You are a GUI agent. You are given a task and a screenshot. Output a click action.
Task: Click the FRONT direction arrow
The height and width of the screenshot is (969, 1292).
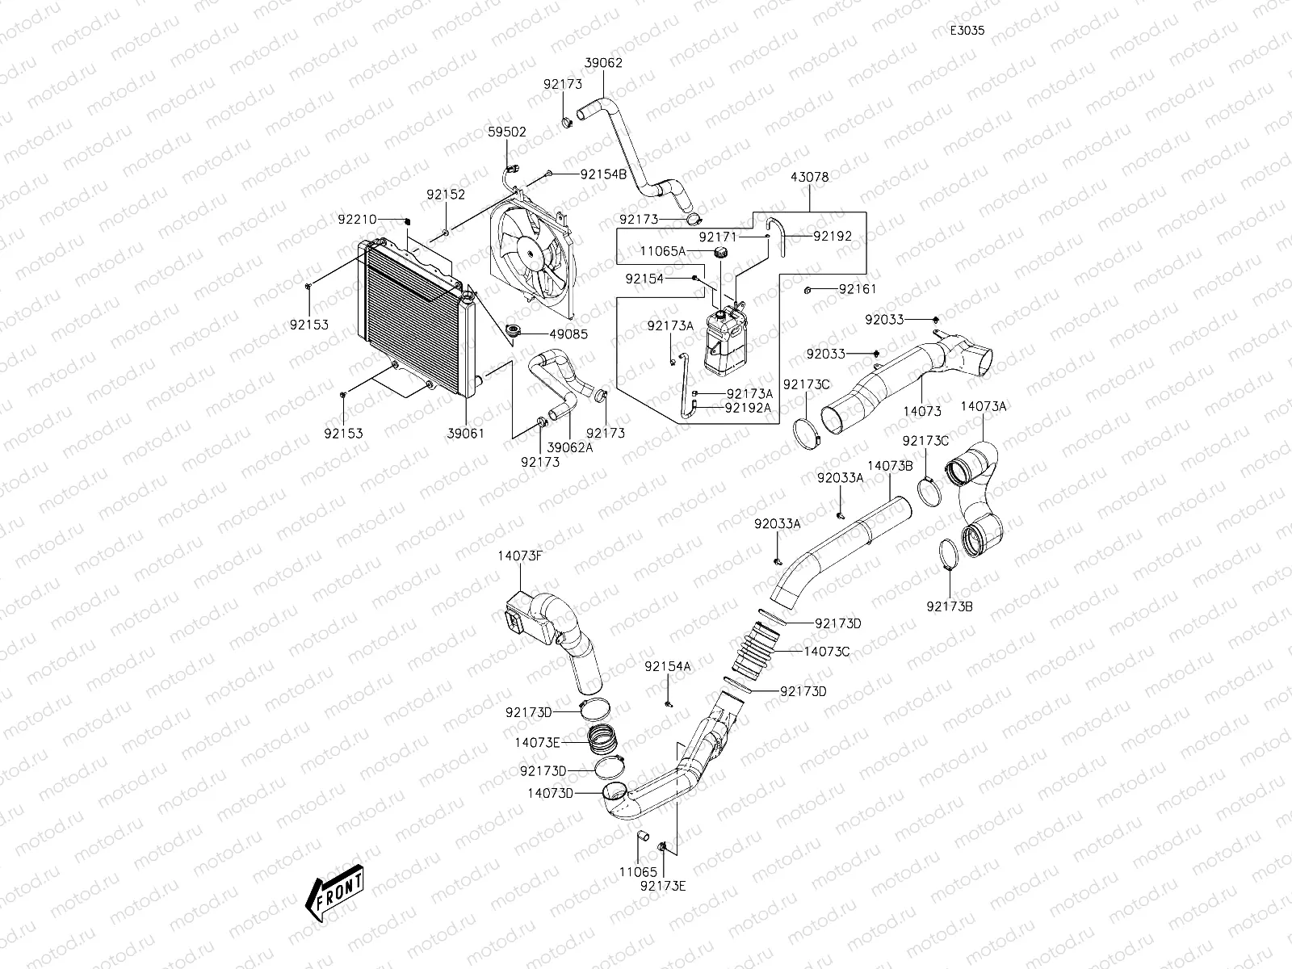[334, 894]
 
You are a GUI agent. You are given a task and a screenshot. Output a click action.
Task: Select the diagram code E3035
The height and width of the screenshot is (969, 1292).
[967, 31]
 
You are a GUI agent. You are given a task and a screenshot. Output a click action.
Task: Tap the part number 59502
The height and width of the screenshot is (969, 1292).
[507, 132]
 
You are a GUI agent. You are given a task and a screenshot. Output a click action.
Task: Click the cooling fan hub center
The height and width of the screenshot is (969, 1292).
[531, 254]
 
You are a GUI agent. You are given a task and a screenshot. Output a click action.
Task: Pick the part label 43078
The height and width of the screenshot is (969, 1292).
[809, 177]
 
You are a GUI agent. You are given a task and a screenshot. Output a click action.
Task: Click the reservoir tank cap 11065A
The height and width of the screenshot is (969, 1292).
[720, 254]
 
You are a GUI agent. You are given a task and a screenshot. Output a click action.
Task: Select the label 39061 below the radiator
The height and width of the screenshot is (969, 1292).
[466, 434]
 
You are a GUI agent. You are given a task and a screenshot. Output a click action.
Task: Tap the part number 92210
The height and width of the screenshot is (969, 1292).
[357, 220]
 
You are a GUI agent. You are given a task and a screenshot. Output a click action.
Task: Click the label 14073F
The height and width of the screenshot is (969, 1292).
[520, 556]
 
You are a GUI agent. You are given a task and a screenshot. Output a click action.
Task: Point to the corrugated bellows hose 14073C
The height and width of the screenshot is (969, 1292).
[756, 652]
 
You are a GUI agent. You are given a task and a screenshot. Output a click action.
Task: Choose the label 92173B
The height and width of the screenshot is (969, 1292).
[950, 606]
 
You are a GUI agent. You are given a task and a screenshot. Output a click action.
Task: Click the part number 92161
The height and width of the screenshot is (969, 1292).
[858, 289]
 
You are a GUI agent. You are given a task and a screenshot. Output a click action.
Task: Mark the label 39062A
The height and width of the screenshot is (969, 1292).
[570, 447]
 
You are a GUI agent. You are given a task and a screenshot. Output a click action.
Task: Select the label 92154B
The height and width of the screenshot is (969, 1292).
[603, 174]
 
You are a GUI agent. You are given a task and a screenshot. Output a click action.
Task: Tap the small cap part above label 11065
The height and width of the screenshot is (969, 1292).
[644, 836]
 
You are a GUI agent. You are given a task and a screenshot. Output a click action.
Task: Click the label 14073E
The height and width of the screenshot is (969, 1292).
[537, 742]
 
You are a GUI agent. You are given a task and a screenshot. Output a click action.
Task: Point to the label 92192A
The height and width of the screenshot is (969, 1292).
[748, 408]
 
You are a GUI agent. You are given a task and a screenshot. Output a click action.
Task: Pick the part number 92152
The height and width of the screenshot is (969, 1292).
[447, 195]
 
